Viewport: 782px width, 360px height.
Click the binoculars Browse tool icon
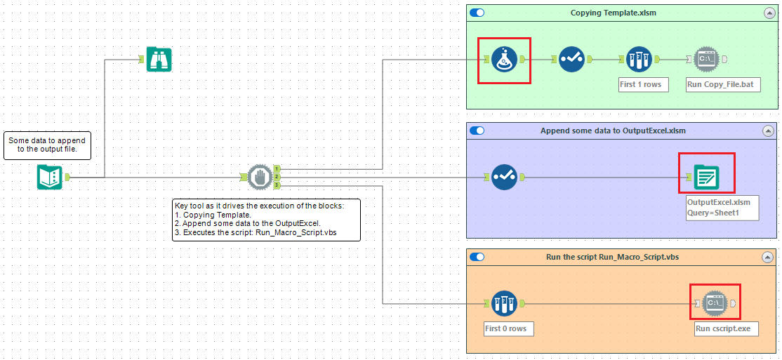pos(159,60)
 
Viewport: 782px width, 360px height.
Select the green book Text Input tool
pos(50,178)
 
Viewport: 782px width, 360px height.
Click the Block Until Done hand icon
pos(259,178)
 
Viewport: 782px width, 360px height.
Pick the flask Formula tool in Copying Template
pos(503,60)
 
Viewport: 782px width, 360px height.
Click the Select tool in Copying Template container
pos(571,60)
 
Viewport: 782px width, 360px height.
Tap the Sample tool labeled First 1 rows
pos(639,60)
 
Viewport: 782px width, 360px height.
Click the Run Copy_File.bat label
pos(722,84)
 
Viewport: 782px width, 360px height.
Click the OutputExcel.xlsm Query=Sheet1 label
pos(722,207)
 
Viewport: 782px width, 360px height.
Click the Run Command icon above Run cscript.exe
pos(715,303)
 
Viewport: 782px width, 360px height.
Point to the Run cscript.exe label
pos(726,328)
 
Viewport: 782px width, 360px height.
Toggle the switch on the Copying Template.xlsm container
pos(477,13)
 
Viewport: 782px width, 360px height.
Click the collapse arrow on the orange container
pos(768,257)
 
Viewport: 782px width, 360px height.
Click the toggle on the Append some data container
pos(477,131)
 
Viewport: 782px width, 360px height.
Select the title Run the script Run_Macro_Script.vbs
pos(612,257)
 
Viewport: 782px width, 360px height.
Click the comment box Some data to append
pos(47,145)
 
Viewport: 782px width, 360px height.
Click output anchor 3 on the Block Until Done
pos(277,186)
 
